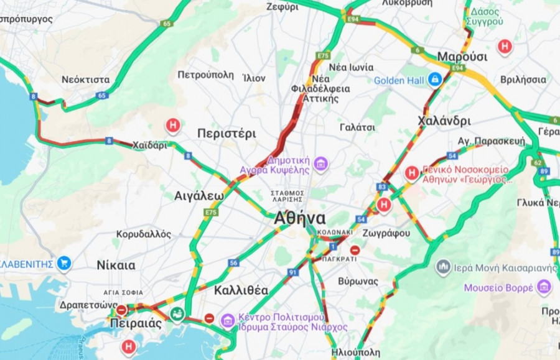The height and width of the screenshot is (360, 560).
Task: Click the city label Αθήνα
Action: tap(300, 218)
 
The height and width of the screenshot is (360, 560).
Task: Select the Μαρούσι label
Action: tap(462, 57)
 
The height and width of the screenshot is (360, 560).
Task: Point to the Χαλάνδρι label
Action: tap(444, 121)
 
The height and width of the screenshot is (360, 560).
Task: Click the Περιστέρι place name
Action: tap(226, 133)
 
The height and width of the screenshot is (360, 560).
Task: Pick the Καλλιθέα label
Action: tap(241, 290)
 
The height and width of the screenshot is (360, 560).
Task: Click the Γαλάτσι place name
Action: tap(357, 127)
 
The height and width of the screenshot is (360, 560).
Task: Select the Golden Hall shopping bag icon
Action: tap(434, 80)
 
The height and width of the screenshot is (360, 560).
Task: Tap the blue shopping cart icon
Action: tap(63, 263)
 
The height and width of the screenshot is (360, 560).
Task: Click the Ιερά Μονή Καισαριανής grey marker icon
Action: tap(443, 268)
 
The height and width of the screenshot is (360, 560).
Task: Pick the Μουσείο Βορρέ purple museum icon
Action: tap(544, 287)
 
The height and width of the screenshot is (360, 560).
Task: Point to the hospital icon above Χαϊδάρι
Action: tap(172, 126)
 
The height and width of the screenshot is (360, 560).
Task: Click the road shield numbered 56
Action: tap(233, 263)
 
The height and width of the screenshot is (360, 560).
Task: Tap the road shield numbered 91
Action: tap(292, 272)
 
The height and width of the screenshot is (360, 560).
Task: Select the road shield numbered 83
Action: tap(381, 187)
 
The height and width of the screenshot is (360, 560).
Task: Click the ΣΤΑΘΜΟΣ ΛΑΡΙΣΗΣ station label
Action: tap(287, 196)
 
